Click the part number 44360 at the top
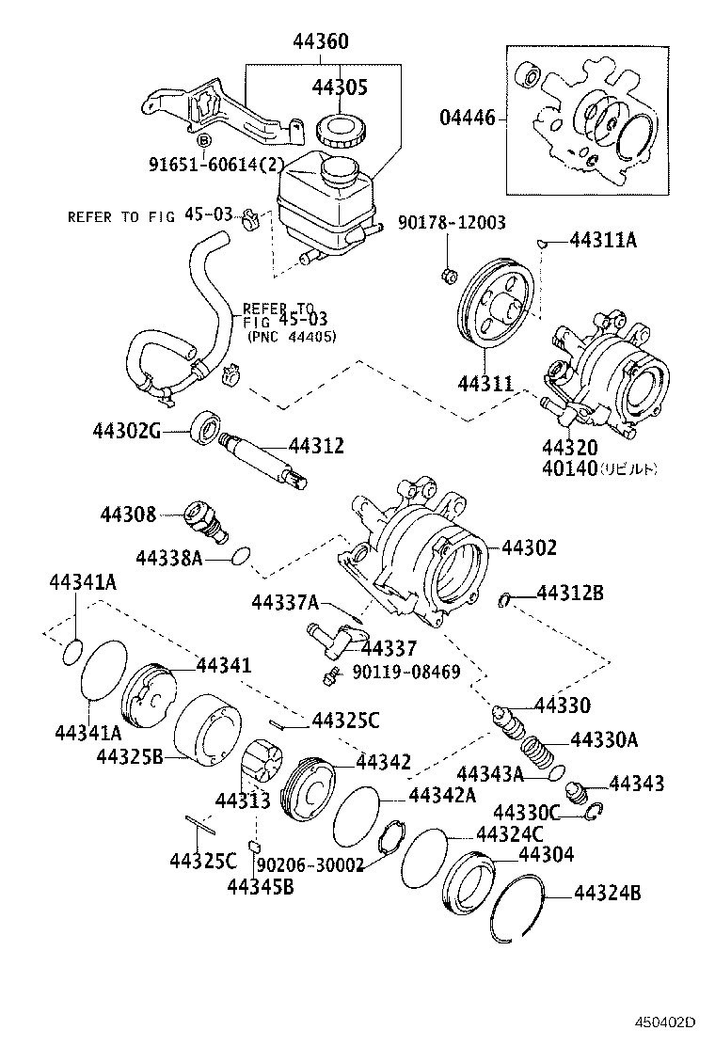coord(320,42)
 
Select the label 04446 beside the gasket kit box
coord(469,119)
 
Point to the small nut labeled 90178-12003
coord(450,275)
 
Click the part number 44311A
coord(603,241)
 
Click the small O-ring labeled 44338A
coord(241,556)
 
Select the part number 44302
coord(529,547)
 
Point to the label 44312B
coord(570,593)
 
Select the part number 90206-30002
coord(310,864)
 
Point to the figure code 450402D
coord(664,1022)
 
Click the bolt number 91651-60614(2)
coord(216,163)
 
